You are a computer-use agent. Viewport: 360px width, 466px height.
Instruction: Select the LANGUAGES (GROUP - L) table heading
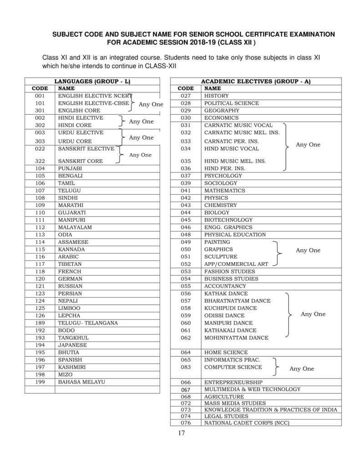(92, 81)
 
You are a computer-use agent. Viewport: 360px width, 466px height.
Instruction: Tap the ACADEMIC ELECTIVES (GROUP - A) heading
(256, 81)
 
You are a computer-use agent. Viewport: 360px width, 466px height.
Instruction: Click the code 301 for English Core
(40, 110)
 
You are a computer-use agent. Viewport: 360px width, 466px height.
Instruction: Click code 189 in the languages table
(40, 323)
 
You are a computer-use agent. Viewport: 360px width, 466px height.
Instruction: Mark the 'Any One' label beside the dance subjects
(313, 314)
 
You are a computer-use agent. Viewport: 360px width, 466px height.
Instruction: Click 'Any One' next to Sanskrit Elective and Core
(141, 155)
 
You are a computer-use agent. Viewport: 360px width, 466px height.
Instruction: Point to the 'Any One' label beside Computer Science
(302, 369)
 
